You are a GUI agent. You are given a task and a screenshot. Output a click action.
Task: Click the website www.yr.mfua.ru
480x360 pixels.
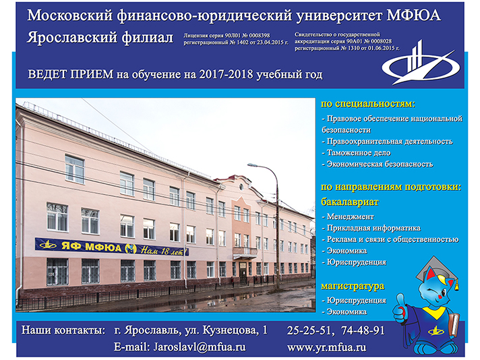(x=327, y=347)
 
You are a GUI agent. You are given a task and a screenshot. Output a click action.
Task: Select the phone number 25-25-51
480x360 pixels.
(x=309, y=330)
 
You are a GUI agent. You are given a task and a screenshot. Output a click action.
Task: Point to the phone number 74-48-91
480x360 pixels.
(x=363, y=330)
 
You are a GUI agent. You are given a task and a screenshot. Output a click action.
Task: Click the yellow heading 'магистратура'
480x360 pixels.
(x=353, y=287)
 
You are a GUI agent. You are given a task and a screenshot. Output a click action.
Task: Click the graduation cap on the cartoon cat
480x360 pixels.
(x=438, y=271)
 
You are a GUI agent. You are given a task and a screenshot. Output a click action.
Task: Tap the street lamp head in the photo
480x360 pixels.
(x=253, y=165)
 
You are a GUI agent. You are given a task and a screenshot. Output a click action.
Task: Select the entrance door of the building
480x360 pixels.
(x=243, y=272)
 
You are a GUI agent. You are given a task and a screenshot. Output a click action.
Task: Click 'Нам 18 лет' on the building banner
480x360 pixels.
(x=164, y=251)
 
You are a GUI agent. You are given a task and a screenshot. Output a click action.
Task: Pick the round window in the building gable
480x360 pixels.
(x=241, y=187)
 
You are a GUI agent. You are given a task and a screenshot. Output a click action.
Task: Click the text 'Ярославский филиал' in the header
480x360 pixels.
(x=100, y=38)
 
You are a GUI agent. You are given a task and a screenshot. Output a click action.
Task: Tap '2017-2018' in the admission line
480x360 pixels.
(x=227, y=74)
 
